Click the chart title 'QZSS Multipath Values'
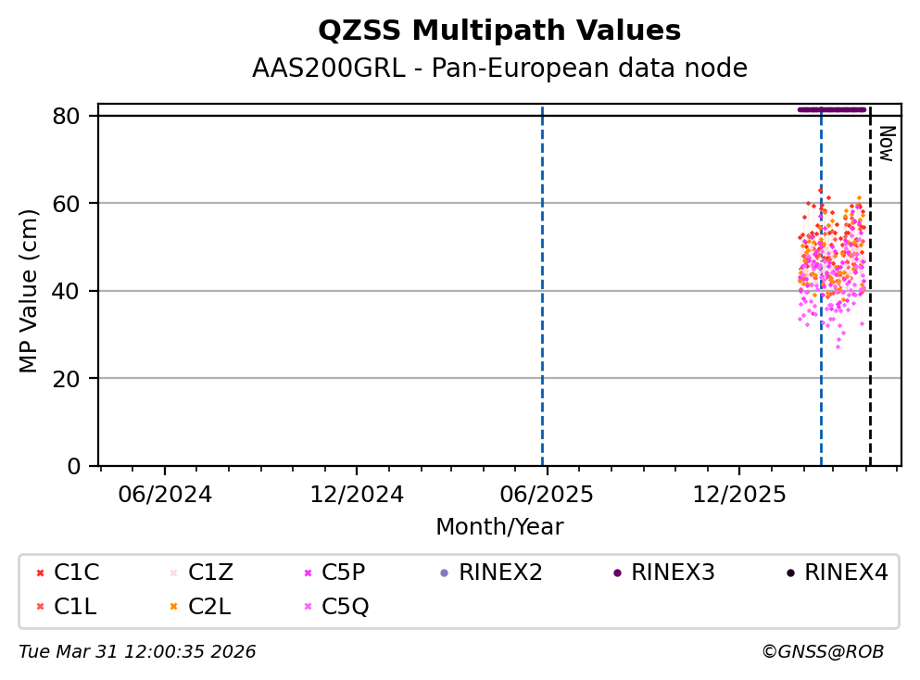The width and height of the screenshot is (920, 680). [499, 31]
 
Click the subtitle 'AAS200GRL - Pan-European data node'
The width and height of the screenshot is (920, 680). [499, 69]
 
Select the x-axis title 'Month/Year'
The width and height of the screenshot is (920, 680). [499, 527]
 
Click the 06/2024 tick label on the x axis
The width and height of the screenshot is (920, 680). [165, 494]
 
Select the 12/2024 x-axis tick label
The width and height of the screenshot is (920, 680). [357, 494]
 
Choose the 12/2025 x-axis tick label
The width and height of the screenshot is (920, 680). [738, 494]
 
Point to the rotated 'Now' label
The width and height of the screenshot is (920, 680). [886, 144]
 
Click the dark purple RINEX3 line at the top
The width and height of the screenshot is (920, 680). [831, 109]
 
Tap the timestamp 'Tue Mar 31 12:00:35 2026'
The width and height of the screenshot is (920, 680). [137, 652]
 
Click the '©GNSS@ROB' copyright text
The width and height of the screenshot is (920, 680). [823, 652]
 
